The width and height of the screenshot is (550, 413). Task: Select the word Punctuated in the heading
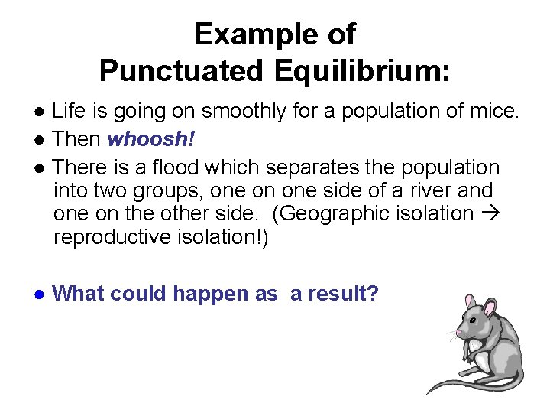coord(179,71)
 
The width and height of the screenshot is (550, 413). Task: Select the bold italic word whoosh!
coord(146,140)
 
